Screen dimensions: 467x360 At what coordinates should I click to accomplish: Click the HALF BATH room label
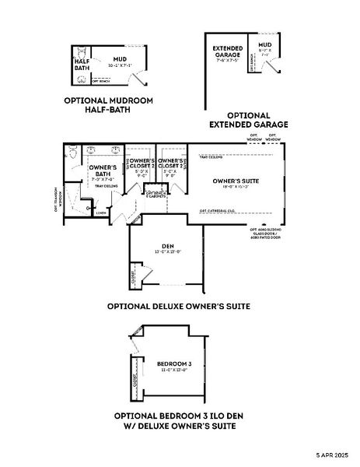tap(82, 64)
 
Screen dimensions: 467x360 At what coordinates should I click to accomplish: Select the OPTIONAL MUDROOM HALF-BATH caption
tap(108, 105)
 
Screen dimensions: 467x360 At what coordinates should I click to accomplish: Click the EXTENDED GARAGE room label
tap(227, 52)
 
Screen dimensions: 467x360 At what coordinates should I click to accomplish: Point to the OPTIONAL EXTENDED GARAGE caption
tap(249, 120)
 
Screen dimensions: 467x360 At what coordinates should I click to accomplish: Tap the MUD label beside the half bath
tap(118, 58)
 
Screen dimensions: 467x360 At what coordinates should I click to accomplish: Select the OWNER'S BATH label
tap(103, 171)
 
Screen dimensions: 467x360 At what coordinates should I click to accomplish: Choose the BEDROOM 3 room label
tap(173, 364)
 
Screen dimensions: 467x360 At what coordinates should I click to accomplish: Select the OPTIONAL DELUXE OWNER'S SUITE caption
tap(178, 307)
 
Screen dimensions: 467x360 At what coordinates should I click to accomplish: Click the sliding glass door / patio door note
tap(266, 233)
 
